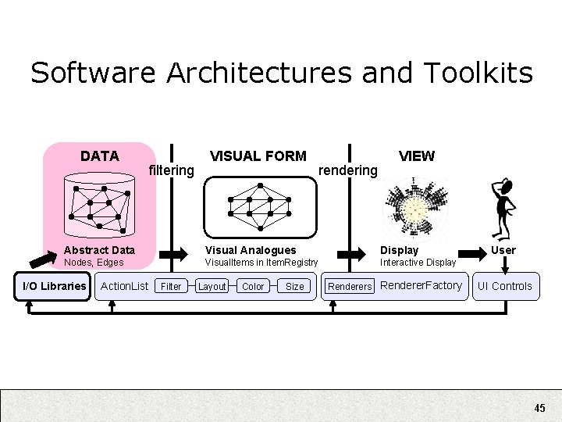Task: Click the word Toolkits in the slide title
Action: [x=478, y=73]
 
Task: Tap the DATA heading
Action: [x=100, y=156]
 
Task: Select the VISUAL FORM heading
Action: [x=258, y=156]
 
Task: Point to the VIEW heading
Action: [x=416, y=156]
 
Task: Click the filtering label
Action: [x=171, y=170]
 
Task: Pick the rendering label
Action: [x=348, y=170]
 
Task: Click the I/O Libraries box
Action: [x=55, y=286]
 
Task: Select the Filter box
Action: [x=171, y=287]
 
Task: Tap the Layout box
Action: [x=212, y=287]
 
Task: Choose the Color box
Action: [x=253, y=287]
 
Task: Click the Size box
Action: [x=294, y=287]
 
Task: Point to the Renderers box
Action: [x=350, y=287]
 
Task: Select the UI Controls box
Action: [x=505, y=286]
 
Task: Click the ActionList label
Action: [x=125, y=286]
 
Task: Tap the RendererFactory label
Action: [x=421, y=285]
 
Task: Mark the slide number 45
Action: [x=540, y=408]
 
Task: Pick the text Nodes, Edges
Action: [x=94, y=263]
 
